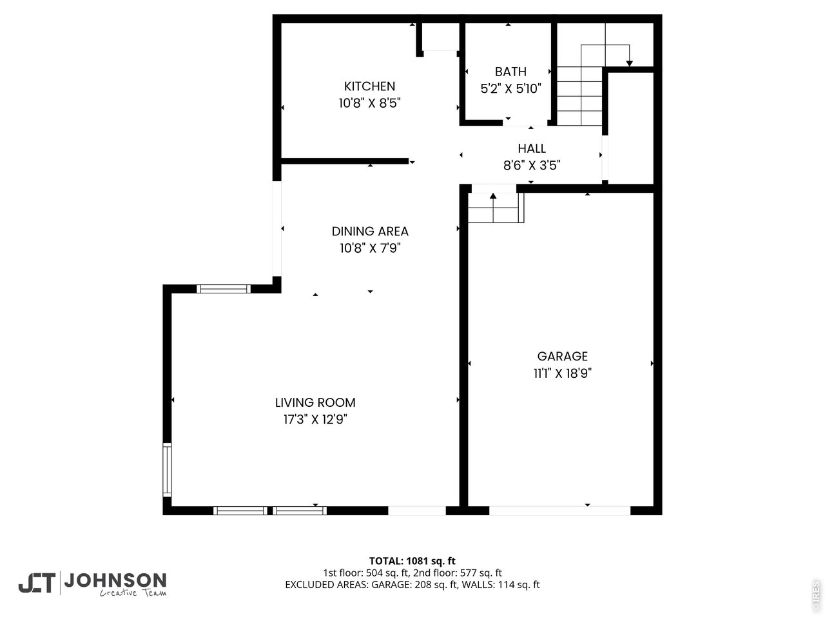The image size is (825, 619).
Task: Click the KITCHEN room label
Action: pyautogui.click(x=369, y=86)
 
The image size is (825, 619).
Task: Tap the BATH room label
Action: pyautogui.click(x=510, y=72)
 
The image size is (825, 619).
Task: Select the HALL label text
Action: pyautogui.click(x=532, y=148)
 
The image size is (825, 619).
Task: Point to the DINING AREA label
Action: pyautogui.click(x=370, y=231)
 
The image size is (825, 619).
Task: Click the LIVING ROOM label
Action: pyautogui.click(x=315, y=402)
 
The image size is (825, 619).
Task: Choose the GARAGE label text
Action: pyautogui.click(x=563, y=356)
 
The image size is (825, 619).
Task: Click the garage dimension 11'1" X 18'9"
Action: pyautogui.click(x=563, y=373)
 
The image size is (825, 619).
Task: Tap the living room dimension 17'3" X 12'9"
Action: pyautogui.click(x=315, y=419)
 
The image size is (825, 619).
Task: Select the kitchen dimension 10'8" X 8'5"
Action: pyautogui.click(x=369, y=103)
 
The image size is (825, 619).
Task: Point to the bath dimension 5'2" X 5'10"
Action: pyautogui.click(x=510, y=89)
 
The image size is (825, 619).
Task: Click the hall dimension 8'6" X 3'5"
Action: pyautogui.click(x=532, y=165)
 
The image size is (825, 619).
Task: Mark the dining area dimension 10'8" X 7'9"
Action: pyautogui.click(x=370, y=248)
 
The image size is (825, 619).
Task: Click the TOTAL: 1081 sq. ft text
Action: pyautogui.click(x=412, y=561)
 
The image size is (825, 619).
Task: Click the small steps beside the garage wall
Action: pyautogui.click(x=495, y=208)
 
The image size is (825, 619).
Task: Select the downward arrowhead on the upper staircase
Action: pyautogui.click(x=629, y=63)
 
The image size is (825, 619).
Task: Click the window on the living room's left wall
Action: pyautogui.click(x=167, y=469)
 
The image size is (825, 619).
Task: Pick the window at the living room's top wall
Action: pyautogui.click(x=224, y=288)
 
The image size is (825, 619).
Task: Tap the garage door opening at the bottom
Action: pyautogui.click(x=559, y=511)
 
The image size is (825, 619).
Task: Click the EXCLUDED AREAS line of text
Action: pyautogui.click(x=412, y=585)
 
